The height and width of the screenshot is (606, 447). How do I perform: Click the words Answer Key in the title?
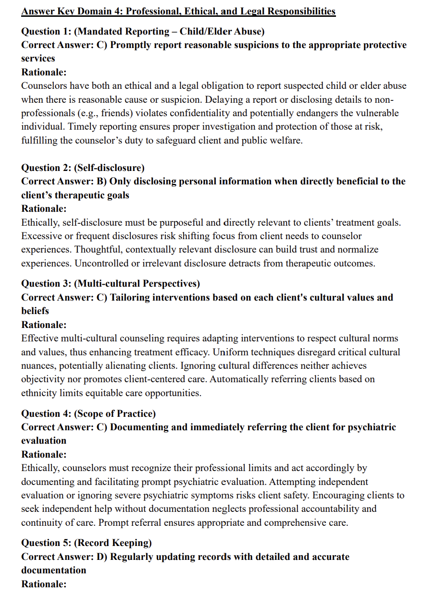pos(47,11)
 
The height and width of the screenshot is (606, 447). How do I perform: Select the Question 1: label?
pos(46,32)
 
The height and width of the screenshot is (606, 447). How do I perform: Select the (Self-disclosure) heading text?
pos(109,168)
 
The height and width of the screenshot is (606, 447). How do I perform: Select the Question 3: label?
pos(46,284)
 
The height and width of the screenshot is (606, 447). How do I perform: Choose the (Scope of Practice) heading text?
pos(115,413)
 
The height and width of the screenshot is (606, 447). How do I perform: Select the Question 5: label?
pos(46,543)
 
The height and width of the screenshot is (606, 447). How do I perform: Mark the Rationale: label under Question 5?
pos(44,584)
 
